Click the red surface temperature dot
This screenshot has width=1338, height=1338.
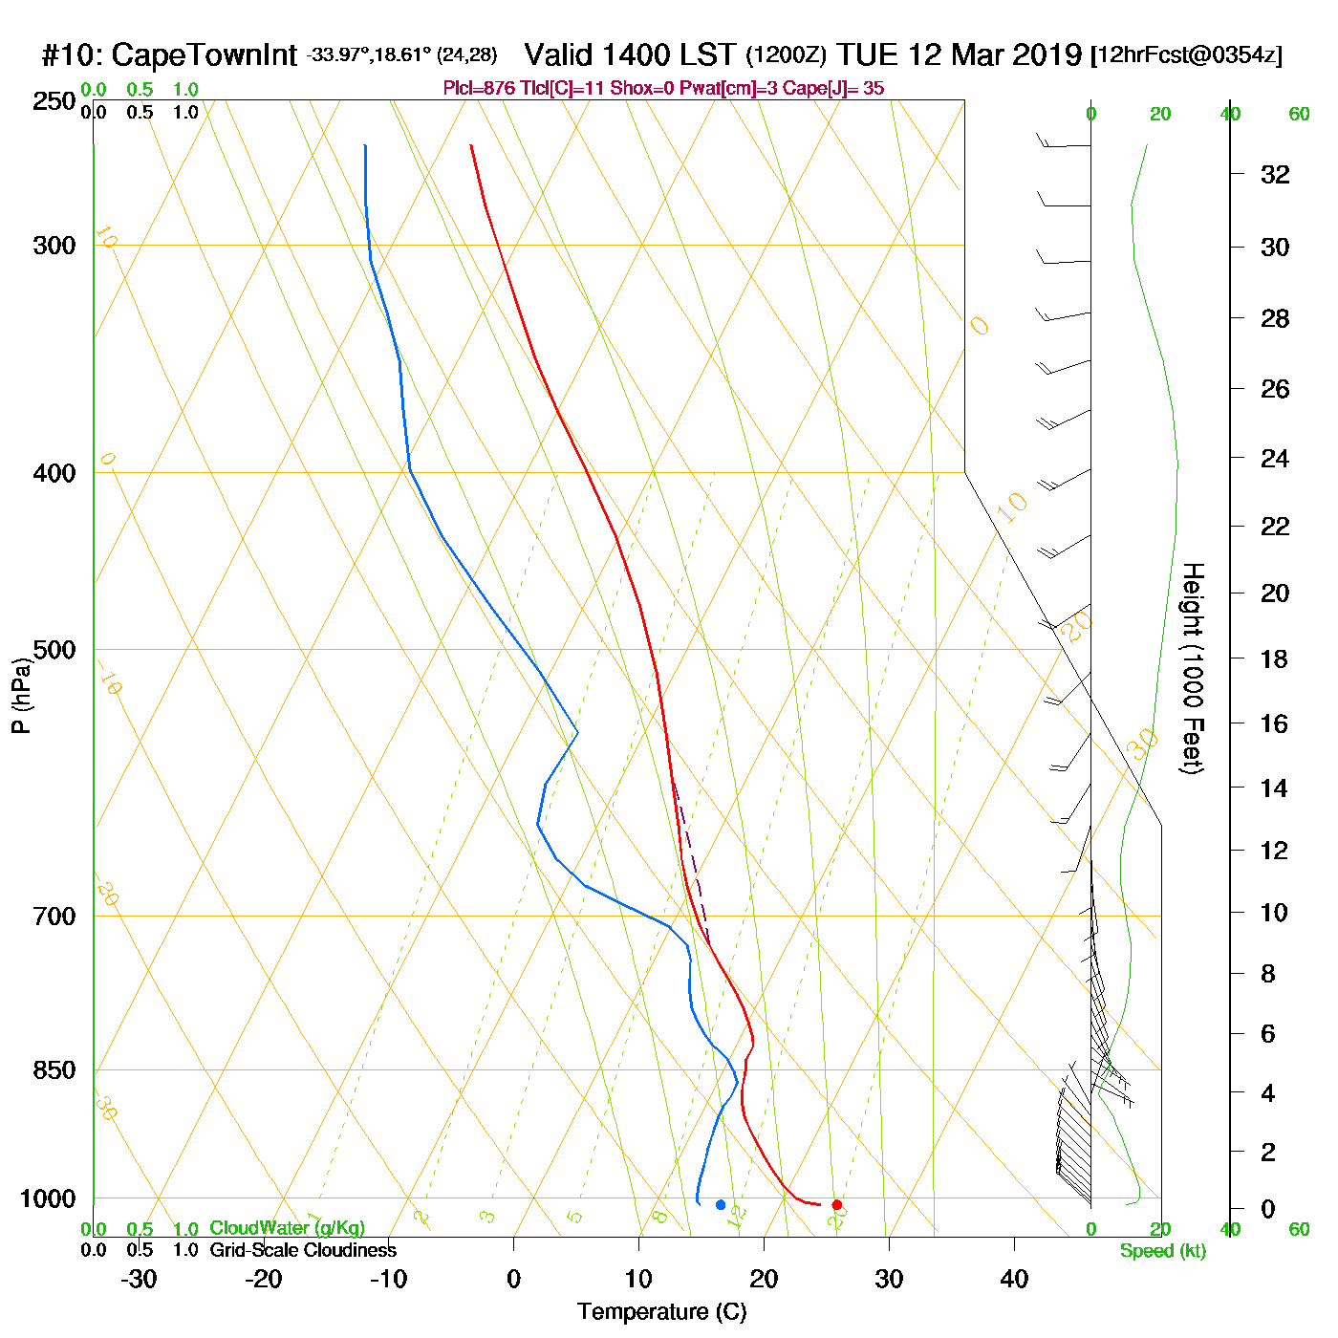(x=837, y=1205)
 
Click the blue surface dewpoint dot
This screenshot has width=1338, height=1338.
(x=721, y=1205)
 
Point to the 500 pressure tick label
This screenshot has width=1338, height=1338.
(x=54, y=650)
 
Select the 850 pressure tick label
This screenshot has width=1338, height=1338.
(x=54, y=1070)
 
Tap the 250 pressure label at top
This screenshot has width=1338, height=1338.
(x=54, y=101)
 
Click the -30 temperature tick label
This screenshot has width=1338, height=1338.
(x=139, y=1279)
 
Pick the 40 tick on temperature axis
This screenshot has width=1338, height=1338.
(x=1014, y=1279)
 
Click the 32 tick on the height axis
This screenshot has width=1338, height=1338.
(x=1275, y=174)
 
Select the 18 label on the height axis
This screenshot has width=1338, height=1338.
(x=1275, y=658)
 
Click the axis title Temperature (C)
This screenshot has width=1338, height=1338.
(x=661, y=1312)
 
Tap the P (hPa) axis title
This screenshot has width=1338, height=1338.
(x=21, y=696)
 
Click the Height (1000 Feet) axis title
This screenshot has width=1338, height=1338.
(x=1193, y=668)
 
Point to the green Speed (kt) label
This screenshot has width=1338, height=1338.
(x=1163, y=1251)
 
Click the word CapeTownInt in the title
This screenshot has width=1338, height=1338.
(x=205, y=55)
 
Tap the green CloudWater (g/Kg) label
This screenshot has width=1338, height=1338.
(x=287, y=1228)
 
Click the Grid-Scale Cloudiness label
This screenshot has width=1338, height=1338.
(x=303, y=1250)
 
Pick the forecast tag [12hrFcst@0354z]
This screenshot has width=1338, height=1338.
(x=1186, y=55)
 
